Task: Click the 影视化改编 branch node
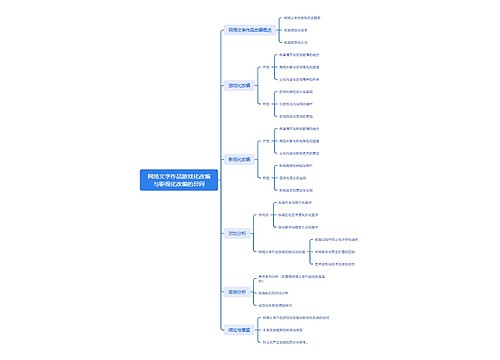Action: click(241, 159)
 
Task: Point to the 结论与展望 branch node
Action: click(240, 327)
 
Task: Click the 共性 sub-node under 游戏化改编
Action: click(265, 67)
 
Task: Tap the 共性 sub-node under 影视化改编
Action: click(265, 142)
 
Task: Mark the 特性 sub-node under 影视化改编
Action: click(265, 176)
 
